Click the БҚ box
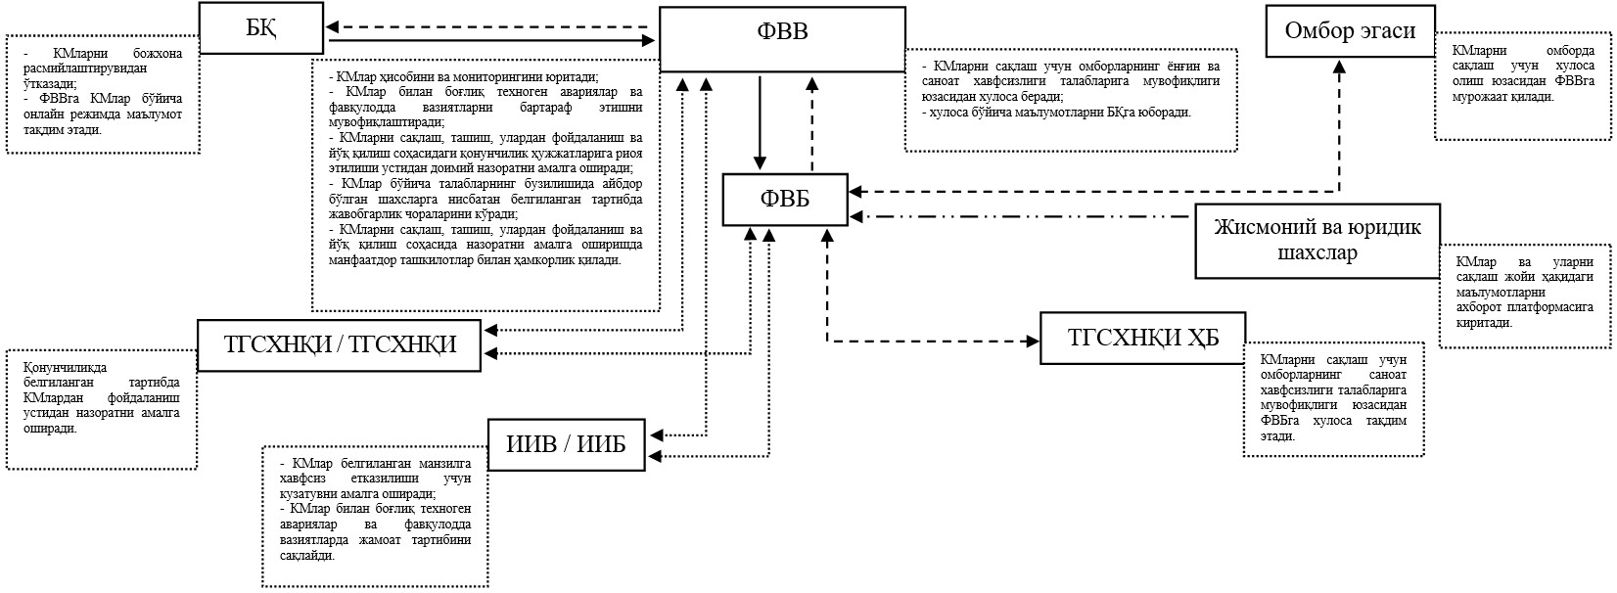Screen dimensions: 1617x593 [260, 28]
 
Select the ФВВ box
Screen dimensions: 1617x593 [782, 39]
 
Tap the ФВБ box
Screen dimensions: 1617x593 [785, 199]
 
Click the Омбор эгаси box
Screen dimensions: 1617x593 [1350, 31]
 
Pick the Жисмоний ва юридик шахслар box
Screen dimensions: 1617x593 [1317, 241]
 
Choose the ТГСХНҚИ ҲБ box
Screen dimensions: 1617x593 [1142, 338]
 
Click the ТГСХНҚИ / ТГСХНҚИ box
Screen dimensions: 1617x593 [340, 344]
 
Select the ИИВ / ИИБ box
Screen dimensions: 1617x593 [566, 444]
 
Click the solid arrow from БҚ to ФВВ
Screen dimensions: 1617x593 [491, 41]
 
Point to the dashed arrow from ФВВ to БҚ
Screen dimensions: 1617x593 [491, 27]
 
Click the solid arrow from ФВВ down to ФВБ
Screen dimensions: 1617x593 [760, 122]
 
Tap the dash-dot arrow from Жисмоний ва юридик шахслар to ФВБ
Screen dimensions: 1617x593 [1019, 216]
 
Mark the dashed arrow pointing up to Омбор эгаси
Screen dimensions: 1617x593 [1339, 125]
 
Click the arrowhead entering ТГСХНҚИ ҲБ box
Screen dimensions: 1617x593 [1033, 341]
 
